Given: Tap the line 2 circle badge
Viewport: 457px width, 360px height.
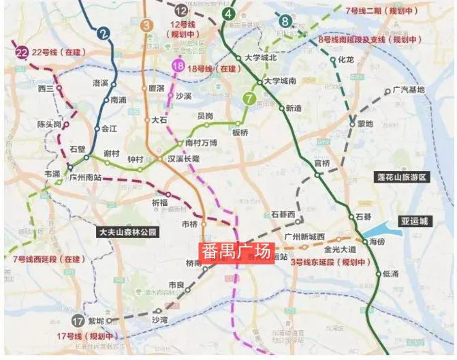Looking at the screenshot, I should (104, 32).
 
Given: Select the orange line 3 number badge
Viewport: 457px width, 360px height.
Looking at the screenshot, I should (146, 25).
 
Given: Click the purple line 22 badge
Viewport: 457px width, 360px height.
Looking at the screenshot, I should (22, 51).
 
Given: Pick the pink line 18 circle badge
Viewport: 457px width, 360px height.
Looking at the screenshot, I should (178, 65).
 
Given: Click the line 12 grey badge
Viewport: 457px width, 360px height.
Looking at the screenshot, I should (180, 10).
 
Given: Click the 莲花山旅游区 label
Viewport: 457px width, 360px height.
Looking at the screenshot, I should (401, 177).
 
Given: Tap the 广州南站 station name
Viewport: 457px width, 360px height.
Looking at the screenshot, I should (84, 176).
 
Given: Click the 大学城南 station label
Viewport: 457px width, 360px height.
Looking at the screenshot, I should (279, 81).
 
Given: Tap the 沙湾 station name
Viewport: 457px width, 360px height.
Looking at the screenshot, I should (159, 319).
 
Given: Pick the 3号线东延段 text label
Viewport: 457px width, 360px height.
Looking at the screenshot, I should (330, 262).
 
